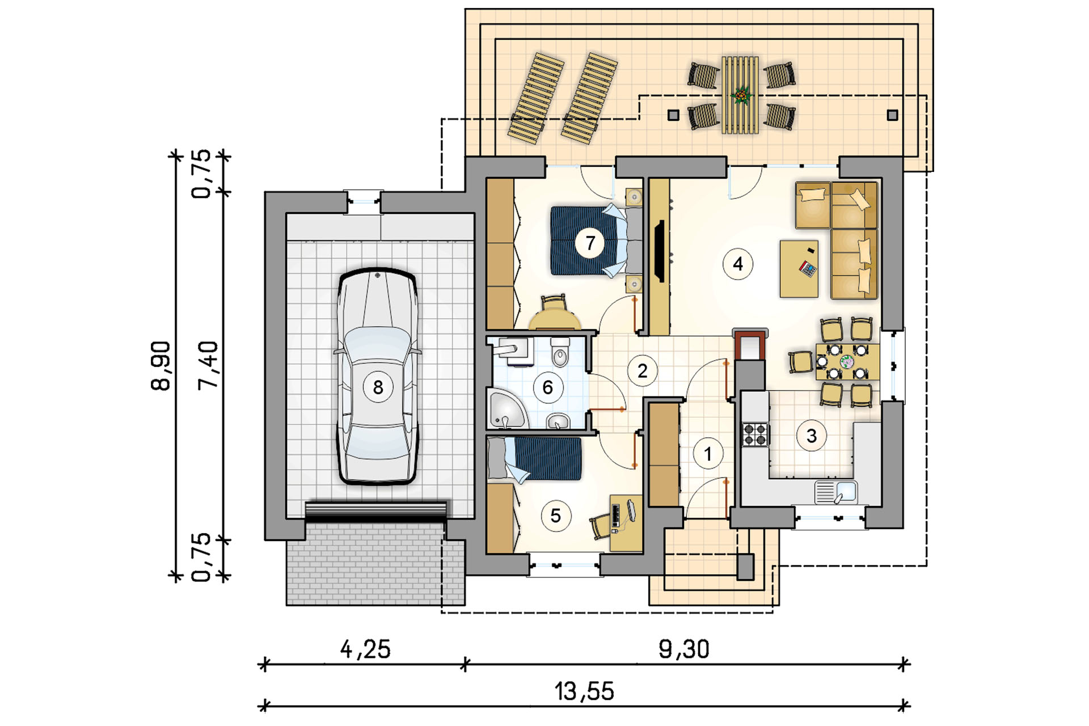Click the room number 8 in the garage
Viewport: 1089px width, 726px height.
tap(378, 387)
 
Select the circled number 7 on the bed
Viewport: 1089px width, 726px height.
tap(590, 243)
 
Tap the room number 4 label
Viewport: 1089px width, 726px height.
tap(738, 264)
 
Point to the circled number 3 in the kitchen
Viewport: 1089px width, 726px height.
tap(812, 436)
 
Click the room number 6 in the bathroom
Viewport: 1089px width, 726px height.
tap(548, 387)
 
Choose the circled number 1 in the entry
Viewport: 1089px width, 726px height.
tap(708, 454)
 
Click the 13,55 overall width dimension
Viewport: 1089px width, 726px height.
tap(584, 691)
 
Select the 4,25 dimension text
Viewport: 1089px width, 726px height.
tap(366, 649)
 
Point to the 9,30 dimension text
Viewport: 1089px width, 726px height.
tap(684, 649)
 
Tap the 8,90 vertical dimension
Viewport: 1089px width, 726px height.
tap(161, 366)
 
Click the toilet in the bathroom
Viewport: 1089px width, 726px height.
tap(560, 353)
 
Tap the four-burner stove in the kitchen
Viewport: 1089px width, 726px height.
tap(755, 434)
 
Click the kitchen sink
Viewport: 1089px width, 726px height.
tap(836, 492)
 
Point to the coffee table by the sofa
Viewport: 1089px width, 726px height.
tap(799, 269)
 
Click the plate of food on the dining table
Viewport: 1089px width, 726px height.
tap(847, 361)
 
